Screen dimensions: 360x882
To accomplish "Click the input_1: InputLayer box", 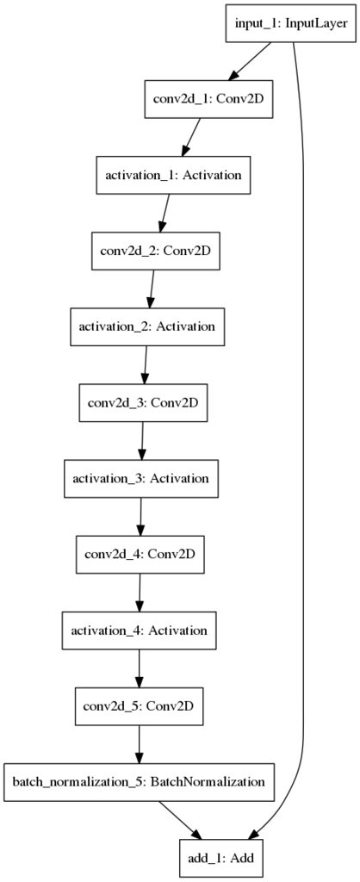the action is point(291,23).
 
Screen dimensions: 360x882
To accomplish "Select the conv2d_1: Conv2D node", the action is point(208,99).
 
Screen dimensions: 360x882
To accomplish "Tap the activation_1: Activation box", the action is point(174,175).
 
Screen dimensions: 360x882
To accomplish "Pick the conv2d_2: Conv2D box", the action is point(155,251).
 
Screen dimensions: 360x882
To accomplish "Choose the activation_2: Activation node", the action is point(146,326).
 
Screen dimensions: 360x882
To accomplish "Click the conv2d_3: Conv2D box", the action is point(143,402).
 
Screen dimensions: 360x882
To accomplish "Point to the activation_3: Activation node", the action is point(140,478).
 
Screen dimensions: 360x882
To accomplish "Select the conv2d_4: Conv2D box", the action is point(140,554).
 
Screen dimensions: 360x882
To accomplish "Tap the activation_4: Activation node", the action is point(139,630).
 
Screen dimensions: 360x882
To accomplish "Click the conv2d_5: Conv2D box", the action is point(139,705).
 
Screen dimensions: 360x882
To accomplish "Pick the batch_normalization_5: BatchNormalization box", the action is point(139,781).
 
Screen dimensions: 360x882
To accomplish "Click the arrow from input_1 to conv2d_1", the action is point(251,61).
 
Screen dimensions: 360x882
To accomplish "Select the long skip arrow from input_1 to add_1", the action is point(304,438).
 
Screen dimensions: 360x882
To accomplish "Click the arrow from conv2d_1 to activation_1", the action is point(191,137).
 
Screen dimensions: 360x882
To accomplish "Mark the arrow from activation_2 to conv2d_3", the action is point(146,364).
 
